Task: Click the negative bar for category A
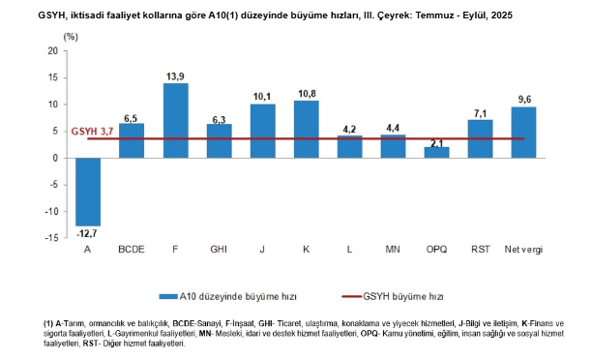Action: (88, 191)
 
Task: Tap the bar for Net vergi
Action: (523, 132)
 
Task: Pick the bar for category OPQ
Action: (436, 152)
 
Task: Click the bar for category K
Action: (306, 129)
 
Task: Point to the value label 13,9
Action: (175, 75)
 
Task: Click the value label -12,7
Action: (88, 232)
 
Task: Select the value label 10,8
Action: (306, 93)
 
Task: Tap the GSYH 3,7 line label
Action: (95, 130)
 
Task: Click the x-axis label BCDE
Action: (132, 250)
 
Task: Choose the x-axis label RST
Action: (480, 250)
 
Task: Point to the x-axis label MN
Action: (393, 250)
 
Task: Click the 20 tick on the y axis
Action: (53, 50)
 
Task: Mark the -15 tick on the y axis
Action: (51, 237)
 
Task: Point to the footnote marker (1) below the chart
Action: (48, 322)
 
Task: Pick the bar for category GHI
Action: (219, 140)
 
